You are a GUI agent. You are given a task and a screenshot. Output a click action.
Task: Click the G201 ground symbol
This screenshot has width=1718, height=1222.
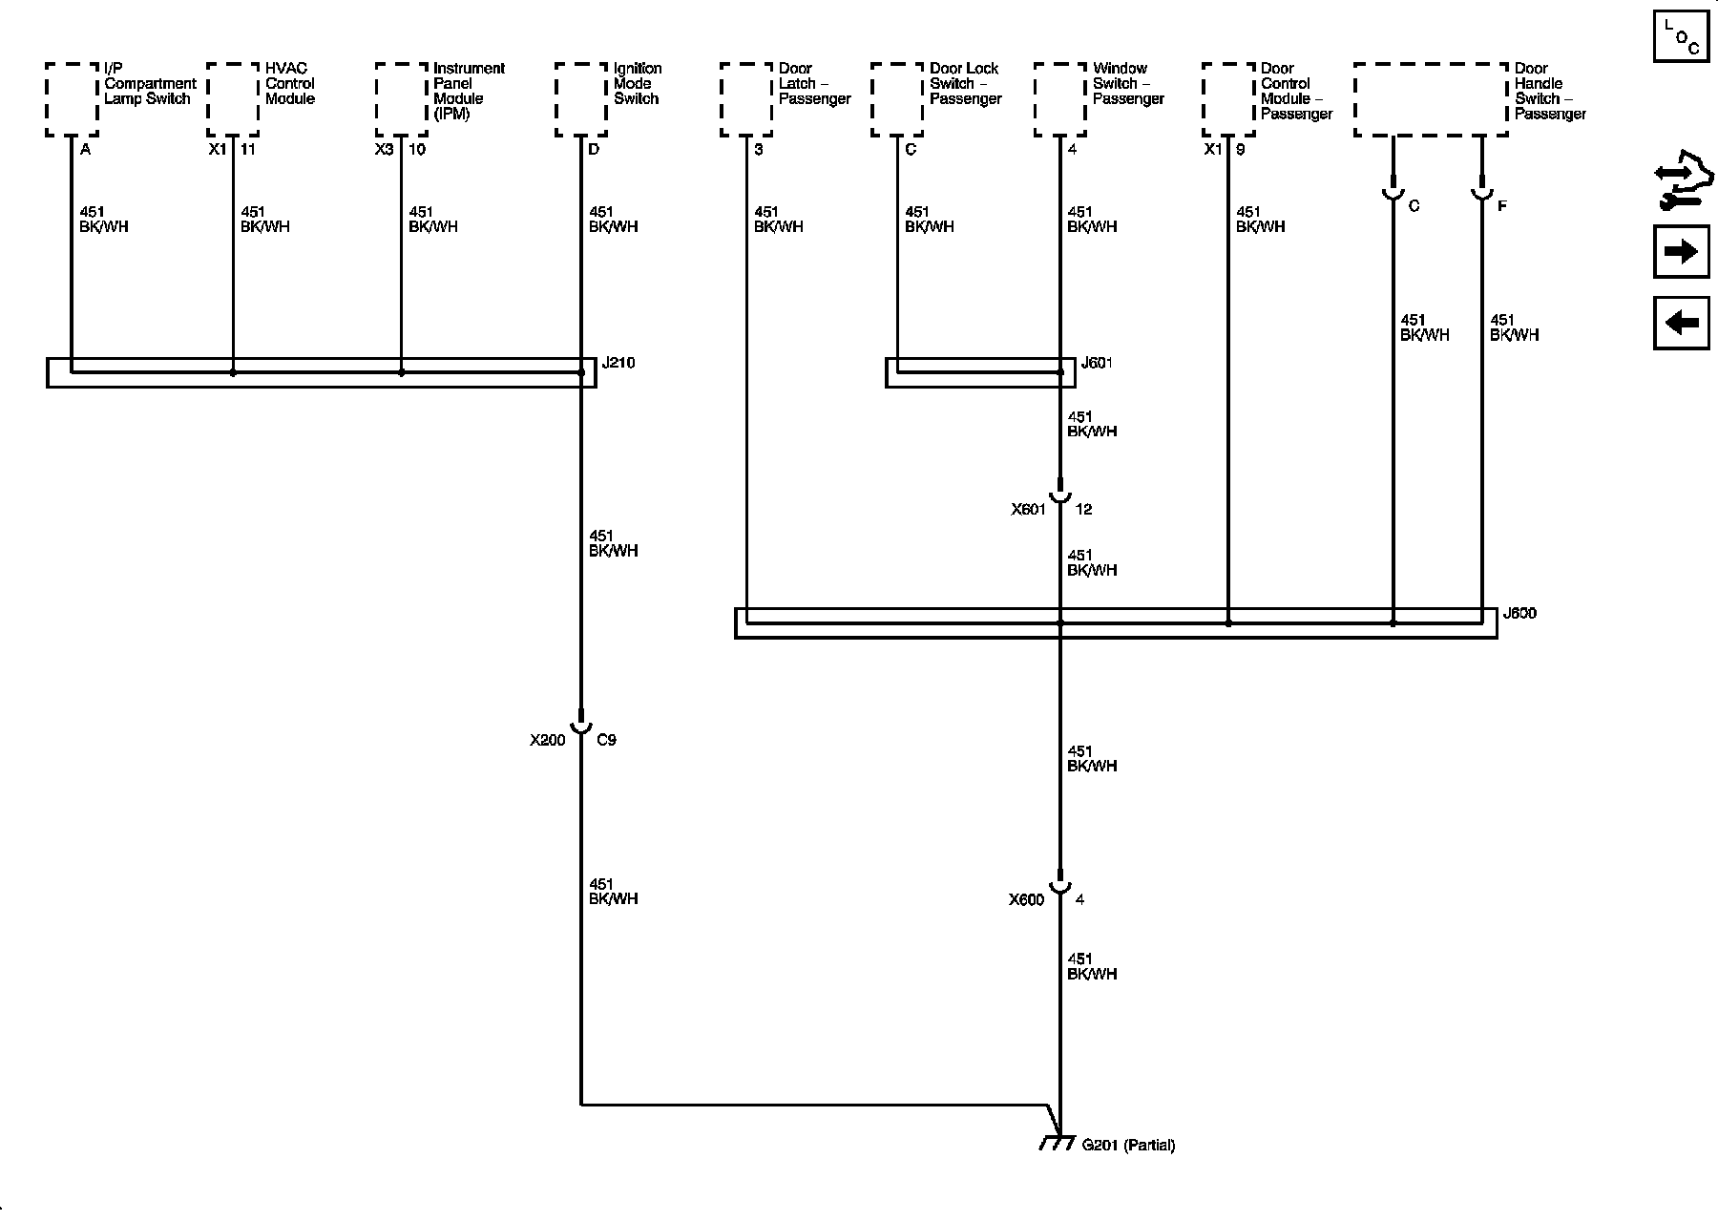coord(1057,1143)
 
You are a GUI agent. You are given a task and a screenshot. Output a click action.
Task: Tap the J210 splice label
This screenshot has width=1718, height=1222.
coord(618,363)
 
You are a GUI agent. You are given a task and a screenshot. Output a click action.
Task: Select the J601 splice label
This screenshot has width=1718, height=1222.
coord(1096,363)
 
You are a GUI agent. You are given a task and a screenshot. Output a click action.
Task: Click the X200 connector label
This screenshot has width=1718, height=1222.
coord(548,740)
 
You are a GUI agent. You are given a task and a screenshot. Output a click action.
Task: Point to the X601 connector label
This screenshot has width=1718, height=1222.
coord(1028,510)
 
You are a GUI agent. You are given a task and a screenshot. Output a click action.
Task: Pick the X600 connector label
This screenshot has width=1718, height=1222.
coord(1026,899)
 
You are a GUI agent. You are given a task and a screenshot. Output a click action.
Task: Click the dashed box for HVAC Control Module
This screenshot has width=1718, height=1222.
coord(232,99)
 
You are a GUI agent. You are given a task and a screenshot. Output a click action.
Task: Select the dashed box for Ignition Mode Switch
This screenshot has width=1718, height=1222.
coord(580,99)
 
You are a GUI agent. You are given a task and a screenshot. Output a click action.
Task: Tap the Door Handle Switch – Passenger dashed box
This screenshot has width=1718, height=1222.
coord(1431,99)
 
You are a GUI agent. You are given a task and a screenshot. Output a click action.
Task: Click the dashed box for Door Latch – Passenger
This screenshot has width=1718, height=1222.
coord(746,99)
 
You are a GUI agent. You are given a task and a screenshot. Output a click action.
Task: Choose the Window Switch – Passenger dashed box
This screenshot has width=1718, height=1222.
coord(1059,99)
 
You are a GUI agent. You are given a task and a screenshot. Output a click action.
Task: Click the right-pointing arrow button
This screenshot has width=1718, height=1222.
coord(1681,251)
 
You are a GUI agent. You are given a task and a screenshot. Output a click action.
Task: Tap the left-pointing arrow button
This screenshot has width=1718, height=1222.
coord(1681,323)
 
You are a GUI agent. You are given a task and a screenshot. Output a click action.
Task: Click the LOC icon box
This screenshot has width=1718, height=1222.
coord(1681,36)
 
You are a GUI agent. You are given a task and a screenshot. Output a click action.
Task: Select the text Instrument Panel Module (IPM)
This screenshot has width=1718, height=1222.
coord(468,91)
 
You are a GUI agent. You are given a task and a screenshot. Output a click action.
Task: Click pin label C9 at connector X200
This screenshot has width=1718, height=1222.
coord(606,740)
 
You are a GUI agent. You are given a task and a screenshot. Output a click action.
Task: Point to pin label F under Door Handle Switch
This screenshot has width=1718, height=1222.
coord(1501,206)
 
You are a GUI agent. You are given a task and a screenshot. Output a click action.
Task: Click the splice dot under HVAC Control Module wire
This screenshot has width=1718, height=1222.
coord(233,372)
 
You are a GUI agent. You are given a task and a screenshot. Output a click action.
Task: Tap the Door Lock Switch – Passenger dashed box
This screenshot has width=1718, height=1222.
coord(897,99)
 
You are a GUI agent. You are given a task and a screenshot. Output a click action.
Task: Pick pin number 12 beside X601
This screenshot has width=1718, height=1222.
coord(1083,510)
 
